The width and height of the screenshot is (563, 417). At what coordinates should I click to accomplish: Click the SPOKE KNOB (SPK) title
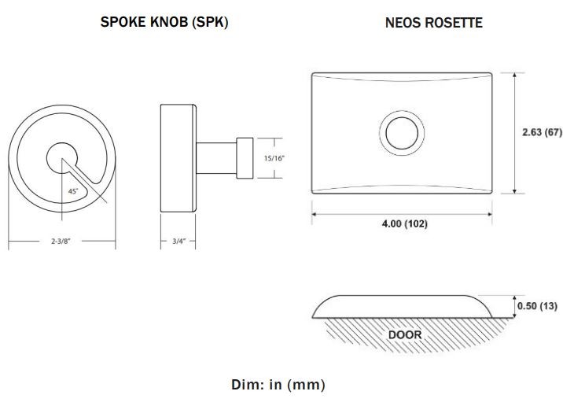[x=164, y=22]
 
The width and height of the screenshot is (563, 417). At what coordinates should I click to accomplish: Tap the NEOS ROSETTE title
[x=433, y=23]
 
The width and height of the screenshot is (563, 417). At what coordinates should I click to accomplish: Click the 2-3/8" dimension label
[x=61, y=242]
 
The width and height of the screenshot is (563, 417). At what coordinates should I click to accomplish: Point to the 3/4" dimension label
[x=178, y=242]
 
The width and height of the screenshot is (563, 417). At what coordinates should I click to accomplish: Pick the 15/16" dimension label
[x=274, y=158]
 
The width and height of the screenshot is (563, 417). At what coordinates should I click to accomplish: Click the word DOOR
[x=405, y=335]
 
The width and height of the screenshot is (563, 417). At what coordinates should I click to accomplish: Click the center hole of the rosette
[x=400, y=131]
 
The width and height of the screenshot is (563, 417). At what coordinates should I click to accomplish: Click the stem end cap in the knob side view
[x=245, y=157]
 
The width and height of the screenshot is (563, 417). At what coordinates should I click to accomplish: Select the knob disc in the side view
[x=178, y=158]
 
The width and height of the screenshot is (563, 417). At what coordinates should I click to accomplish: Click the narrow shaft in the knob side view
[x=215, y=157]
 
